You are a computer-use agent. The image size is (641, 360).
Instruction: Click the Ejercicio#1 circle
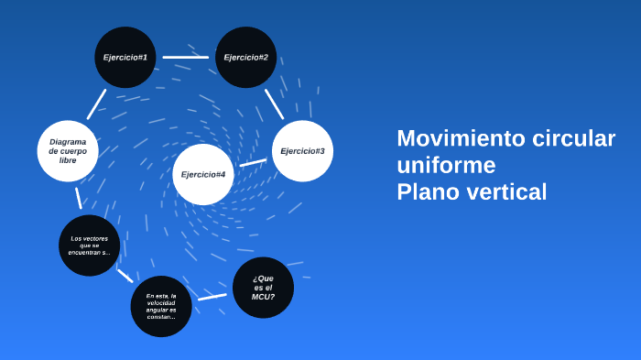click(125, 58)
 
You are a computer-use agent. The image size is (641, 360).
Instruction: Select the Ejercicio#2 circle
click(245, 58)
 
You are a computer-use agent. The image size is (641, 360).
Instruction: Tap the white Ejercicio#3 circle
click(302, 150)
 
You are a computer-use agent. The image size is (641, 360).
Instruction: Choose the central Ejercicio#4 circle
click(203, 174)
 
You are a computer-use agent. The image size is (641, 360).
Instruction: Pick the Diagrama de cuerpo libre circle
click(68, 150)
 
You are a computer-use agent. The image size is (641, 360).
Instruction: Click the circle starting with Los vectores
click(89, 245)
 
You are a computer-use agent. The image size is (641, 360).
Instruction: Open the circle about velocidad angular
click(161, 306)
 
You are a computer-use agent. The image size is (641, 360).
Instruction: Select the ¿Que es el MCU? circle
click(264, 288)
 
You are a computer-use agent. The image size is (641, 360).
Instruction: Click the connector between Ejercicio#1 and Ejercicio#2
click(185, 58)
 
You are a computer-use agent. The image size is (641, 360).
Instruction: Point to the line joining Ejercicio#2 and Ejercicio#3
click(274, 104)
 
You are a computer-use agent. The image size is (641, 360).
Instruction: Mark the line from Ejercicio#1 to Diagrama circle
click(96, 104)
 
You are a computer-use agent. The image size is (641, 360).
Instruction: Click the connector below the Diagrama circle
click(79, 198)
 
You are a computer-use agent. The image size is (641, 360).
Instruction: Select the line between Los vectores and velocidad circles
click(125, 275)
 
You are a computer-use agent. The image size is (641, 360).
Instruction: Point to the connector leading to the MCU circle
click(212, 297)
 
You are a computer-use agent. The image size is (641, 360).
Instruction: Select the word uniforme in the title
click(446, 165)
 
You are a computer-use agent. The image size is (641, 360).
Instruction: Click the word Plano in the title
click(427, 192)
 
